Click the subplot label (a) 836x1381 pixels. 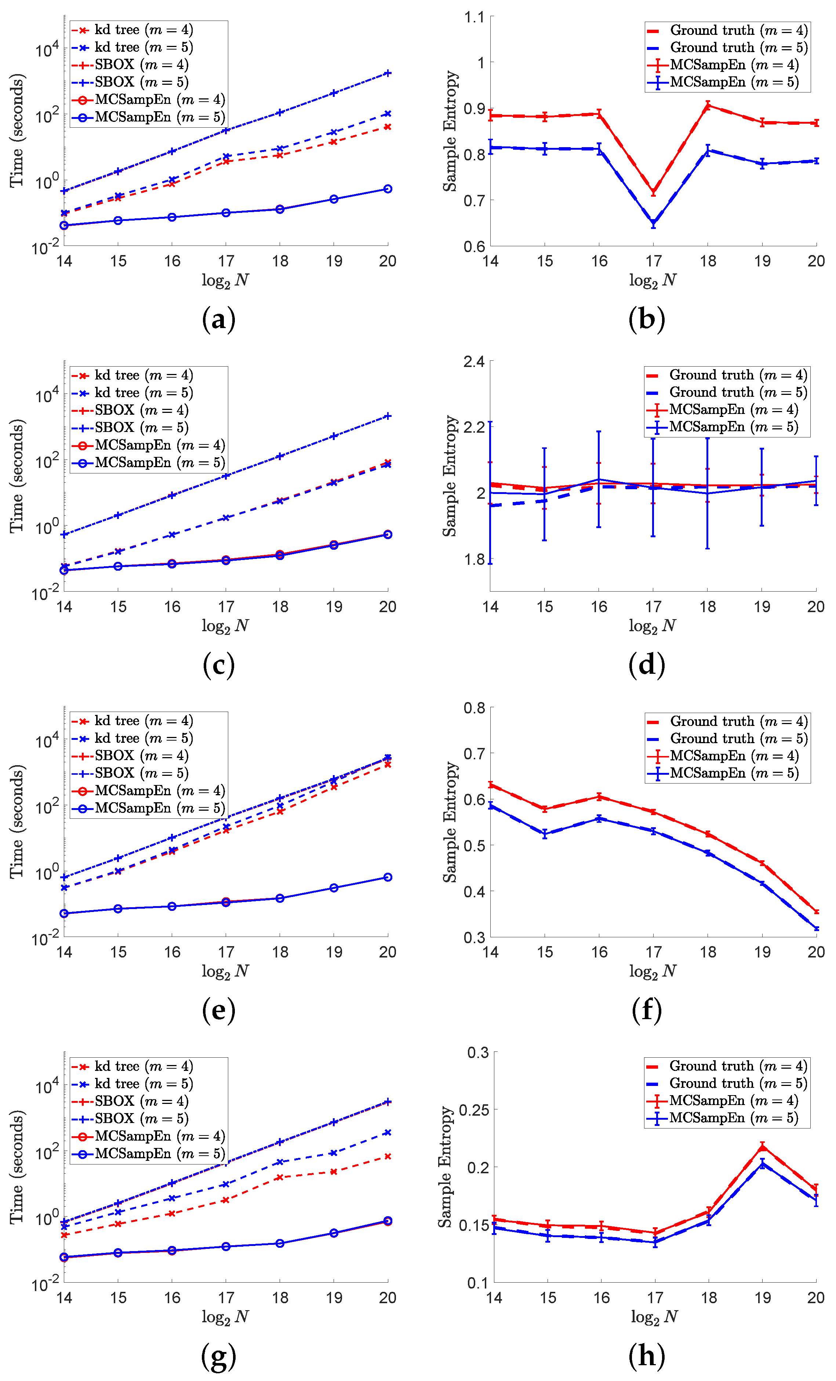click(218, 319)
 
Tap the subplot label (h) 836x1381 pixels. click(647, 1355)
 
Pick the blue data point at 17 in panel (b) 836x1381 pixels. click(653, 223)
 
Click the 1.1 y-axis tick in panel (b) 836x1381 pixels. click(474, 17)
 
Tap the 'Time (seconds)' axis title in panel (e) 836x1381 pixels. click(17, 822)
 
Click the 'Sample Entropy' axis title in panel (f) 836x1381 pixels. click(450, 822)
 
